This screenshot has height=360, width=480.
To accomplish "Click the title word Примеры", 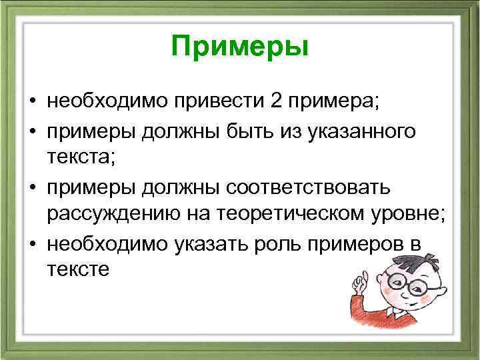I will click(240, 48).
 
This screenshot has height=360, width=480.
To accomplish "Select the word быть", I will click(236, 132).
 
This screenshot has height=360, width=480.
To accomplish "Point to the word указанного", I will click(364, 132).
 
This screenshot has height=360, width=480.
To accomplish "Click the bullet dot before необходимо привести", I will click(32, 103).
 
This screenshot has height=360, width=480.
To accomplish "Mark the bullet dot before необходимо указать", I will click(32, 243).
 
